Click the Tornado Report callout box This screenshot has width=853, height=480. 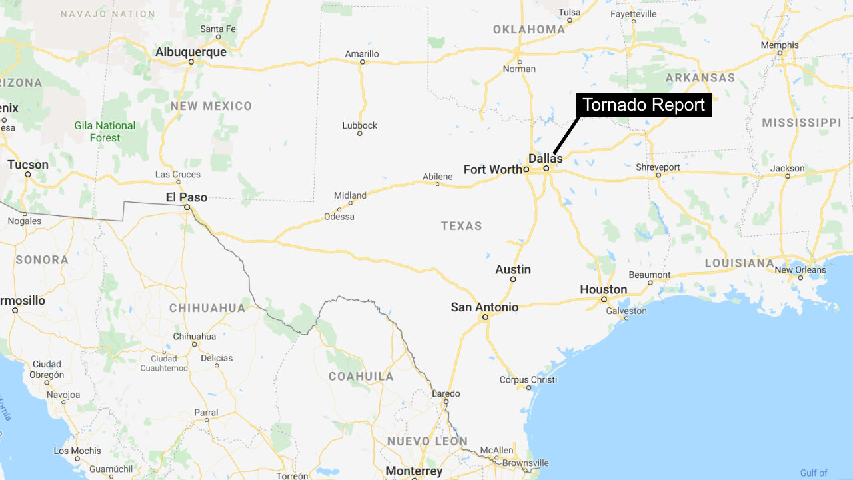click(x=643, y=105)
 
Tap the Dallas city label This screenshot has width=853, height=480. click(x=545, y=158)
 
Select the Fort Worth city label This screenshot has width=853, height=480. click(x=493, y=169)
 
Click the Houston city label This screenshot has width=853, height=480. click(x=603, y=289)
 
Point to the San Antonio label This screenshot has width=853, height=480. click(x=484, y=307)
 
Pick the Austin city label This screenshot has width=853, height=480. click(x=513, y=269)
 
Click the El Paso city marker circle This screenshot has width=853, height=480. click(x=187, y=207)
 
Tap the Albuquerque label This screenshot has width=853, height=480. click(x=191, y=52)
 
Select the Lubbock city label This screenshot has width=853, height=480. click(x=359, y=125)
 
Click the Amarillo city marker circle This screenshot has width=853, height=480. click(x=363, y=62)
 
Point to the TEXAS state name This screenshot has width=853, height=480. click(x=461, y=226)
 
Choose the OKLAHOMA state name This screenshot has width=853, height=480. click(x=529, y=29)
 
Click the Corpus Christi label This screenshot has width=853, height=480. click(x=528, y=380)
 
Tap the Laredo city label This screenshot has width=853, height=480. click(x=446, y=393)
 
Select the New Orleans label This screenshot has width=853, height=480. click(x=800, y=270)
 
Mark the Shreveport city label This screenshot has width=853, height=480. click(x=658, y=167)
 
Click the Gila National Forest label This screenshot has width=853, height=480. click(x=105, y=131)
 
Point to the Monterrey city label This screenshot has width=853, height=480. click(x=414, y=471)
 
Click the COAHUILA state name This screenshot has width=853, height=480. click(x=361, y=376)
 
